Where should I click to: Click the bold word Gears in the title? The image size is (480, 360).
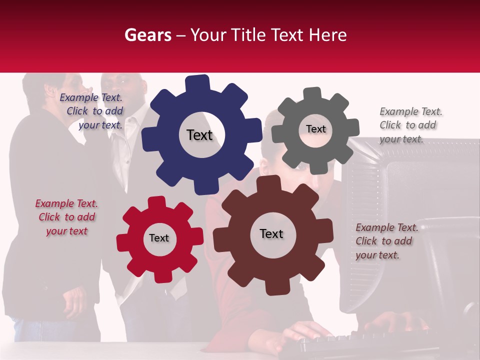pyautogui.click(x=147, y=35)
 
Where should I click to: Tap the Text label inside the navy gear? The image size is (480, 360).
pyautogui.click(x=199, y=135)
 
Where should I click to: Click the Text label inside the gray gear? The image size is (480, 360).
pyautogui.click(x=315, y=129)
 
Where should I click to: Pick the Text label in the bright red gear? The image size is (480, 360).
pyautogui.click(x=159, y=238)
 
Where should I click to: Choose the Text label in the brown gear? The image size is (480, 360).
pyautogui.click(x=271, y=233)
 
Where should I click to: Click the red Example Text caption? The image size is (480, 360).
pyautogui.click(x=66, y=217)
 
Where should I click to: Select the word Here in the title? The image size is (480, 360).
pyautogui.click(x=327, y=35)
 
